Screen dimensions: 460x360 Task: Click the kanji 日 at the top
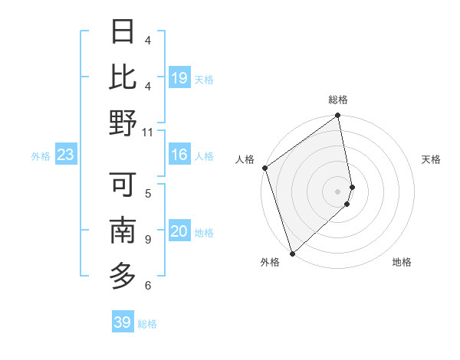(x=123, y=31)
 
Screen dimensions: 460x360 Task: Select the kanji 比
(x=123, y=77)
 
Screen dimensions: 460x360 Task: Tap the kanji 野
(x=123, y=123)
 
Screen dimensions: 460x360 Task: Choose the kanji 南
(x=123, y=230)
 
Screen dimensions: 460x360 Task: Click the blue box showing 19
(x=179, y=77)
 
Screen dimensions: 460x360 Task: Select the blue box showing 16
(x=179, y=155)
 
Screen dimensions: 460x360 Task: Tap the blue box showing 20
(x=179, y=231)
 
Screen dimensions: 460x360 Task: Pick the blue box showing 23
(x=65, y=155)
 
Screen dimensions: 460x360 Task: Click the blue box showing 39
(x=122, y=322)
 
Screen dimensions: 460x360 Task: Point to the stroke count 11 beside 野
(x=148, y=132)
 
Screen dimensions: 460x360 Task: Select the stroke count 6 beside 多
(x=148, y=286)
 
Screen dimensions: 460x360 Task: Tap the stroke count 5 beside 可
(x=148, y=193)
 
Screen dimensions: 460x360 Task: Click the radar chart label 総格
(x=337, y=100)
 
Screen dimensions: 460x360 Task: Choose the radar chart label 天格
(x=432, y=159)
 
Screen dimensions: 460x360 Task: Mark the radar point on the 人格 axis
(x=264, y=168)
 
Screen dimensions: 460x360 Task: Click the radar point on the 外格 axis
(x=292, y=252)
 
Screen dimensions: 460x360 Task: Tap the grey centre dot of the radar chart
(x=338, y=191)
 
